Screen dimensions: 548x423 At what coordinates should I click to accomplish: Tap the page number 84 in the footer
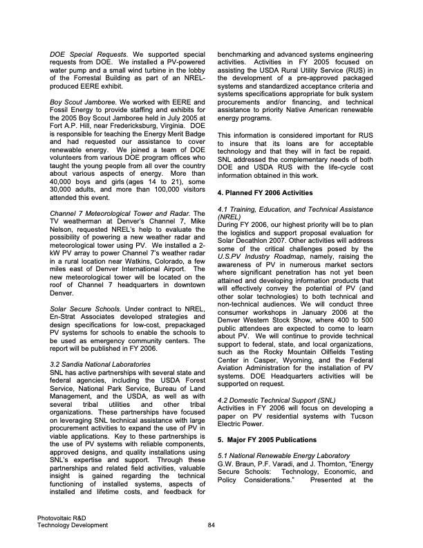point(211,526)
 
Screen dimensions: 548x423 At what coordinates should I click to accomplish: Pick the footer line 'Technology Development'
point(73,526)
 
